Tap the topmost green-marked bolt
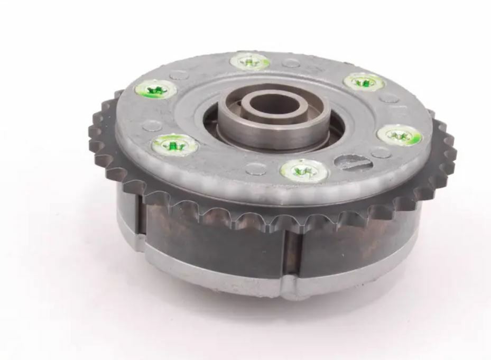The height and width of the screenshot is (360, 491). pyautogui.click(x=250, y=62)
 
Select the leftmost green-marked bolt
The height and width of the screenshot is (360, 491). pyautogui.click(x=155, y=89)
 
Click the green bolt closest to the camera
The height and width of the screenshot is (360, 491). pyautogui.click(x=304, y=170)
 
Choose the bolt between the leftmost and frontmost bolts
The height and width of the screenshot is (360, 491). pyautogui.click(x=175, y=143)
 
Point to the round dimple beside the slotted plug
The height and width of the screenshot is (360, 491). pyautogui.click(x=381, y=153)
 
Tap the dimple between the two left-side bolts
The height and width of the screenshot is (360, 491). pyautogui.click(x=152, y=125)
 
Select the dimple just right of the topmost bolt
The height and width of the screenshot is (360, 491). pyautogui.click(x=291, y=63)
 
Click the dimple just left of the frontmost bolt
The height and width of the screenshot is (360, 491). pyautogui.click(x=256, y=169)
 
